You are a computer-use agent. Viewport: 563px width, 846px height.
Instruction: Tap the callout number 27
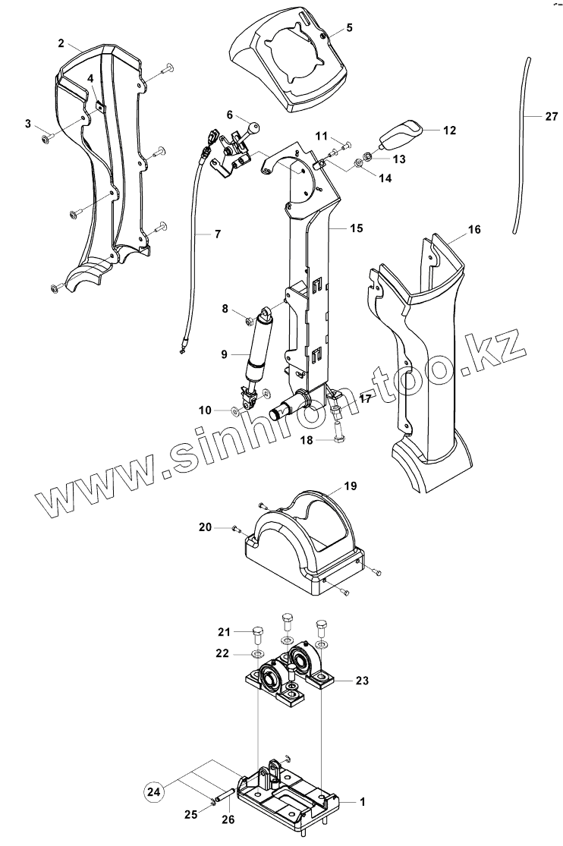coord(551,116)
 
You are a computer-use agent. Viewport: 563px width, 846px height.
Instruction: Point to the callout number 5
coord(349,28)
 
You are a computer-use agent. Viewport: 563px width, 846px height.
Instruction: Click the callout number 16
coord(473,228)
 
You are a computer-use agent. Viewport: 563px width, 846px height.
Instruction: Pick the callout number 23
coord(362,681)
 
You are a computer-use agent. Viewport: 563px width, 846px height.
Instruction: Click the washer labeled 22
coord(256,654)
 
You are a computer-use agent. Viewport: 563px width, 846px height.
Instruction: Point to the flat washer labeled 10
coord(236,410)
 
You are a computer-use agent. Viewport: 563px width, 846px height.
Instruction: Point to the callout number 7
coord(217,234)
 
